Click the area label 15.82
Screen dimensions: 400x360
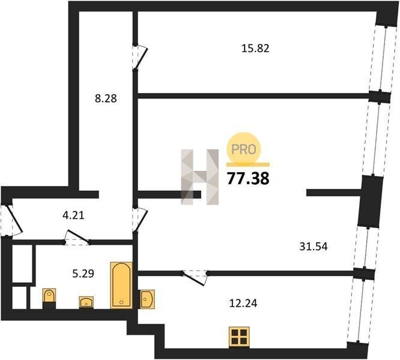255,48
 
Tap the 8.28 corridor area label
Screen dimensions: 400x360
106,98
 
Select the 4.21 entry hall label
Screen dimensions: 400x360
73,215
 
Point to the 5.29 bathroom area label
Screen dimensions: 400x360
83,274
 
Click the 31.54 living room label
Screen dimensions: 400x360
314,247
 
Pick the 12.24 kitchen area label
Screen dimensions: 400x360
243,303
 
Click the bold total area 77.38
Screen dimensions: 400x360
248,179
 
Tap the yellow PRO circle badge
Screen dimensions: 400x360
244,148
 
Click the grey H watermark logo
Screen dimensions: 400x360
200,177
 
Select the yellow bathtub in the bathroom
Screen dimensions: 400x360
121,285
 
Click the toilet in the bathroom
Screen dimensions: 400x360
49,298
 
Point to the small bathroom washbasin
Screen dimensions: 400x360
86,302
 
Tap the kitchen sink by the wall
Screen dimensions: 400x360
147,299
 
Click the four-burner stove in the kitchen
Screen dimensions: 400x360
239,337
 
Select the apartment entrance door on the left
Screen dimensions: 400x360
11,220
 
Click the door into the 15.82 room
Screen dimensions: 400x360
140,57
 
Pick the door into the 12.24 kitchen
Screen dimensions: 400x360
195,278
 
